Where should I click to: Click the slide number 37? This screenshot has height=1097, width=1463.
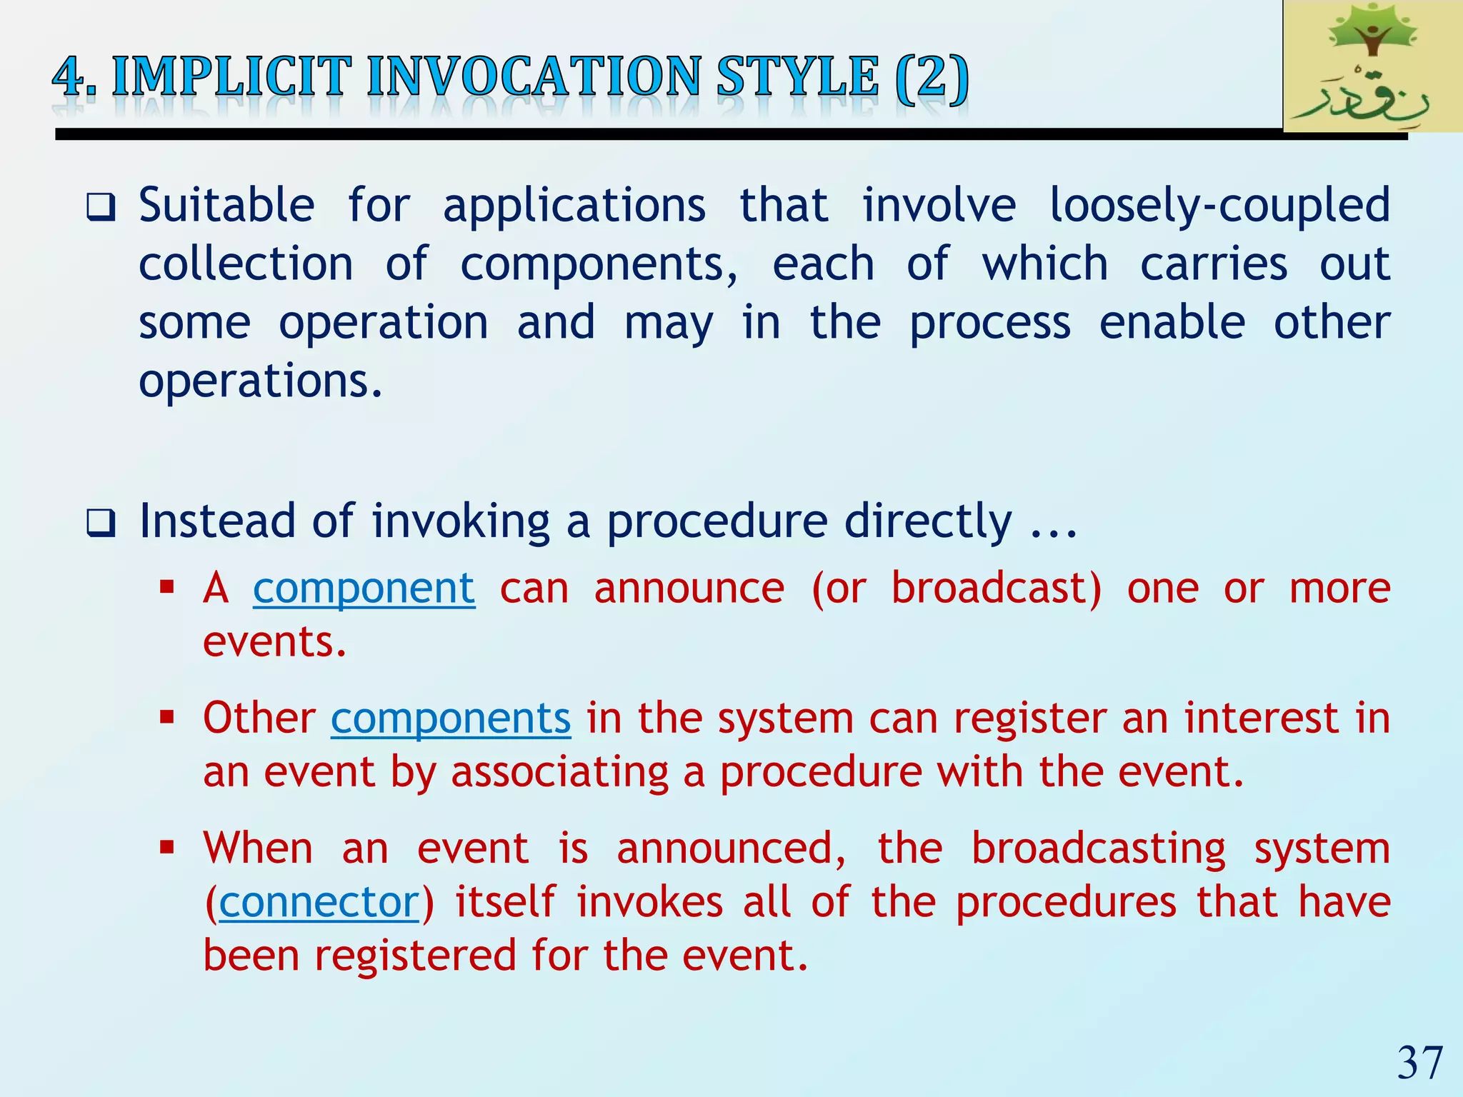1420,1063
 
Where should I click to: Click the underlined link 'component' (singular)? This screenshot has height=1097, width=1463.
364,588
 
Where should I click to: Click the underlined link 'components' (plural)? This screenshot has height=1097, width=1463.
451,718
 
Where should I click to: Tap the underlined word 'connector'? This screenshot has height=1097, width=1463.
319,903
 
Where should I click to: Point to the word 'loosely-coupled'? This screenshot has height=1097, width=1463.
1219,206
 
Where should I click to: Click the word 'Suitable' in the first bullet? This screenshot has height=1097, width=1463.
226,206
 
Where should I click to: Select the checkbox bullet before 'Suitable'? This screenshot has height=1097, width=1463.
101,208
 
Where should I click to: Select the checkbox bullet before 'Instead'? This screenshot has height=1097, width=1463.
101,524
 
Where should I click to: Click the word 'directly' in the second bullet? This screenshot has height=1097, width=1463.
928,521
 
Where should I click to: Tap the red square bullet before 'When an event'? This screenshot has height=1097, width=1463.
168,848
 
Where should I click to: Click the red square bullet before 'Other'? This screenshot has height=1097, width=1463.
168,717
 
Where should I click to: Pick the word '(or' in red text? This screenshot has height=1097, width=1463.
838,588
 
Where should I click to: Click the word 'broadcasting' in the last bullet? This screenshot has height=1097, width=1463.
1098,849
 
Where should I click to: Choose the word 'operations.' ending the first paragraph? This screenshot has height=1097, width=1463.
261,381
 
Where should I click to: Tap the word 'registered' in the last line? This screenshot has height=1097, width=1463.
415,956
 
